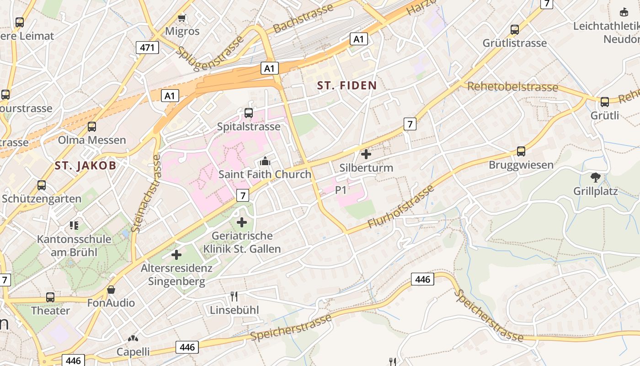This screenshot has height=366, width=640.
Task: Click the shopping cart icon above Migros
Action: pos(182,18)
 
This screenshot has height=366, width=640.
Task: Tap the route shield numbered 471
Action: pos(147,47)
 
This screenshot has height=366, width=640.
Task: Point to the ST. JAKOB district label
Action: pos(85,165)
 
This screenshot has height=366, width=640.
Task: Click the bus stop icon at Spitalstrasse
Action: pos(249,113)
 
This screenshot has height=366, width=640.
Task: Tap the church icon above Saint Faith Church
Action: pos(265,161)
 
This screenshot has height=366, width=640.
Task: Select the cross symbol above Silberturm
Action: pos(366,154)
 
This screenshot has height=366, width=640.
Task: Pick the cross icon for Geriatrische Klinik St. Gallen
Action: pos(241,222)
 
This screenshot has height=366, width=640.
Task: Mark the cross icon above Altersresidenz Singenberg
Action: pos(176,255)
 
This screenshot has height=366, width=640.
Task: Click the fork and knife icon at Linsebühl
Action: pos(234,296)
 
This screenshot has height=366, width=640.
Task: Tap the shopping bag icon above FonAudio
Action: pos(111,290)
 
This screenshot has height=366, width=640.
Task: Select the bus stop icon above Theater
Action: pos(50,297)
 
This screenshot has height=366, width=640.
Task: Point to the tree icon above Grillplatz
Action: pos(595,177)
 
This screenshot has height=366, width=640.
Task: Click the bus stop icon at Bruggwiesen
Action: pos(521,151)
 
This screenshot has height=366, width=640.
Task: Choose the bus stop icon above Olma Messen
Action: pos(92,127)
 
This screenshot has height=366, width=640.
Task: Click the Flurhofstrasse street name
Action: pos(400,207)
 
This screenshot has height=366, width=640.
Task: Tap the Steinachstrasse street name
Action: pos(146,194)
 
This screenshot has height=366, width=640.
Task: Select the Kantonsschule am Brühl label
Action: pos(74,245)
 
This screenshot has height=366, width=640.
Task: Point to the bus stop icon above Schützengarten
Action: pos(42,185)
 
